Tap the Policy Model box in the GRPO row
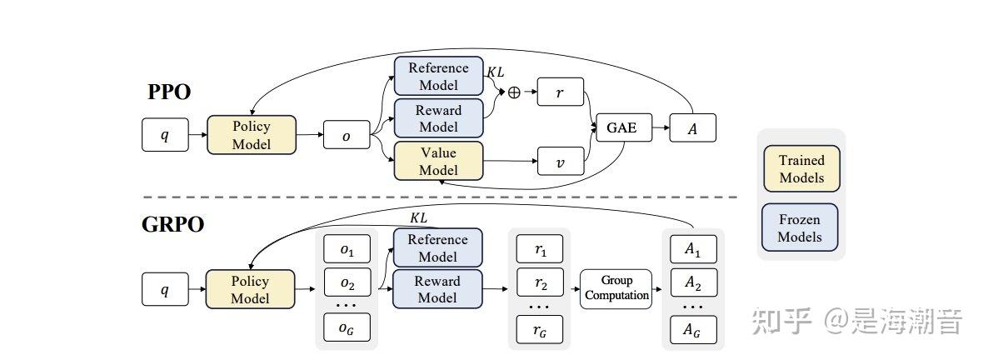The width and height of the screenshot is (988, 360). click(x=251, y=289)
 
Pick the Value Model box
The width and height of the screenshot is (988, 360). click(x=438, y=161)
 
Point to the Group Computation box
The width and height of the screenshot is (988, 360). click(x=616, y=288)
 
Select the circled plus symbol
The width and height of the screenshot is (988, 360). click(x=514, y=92)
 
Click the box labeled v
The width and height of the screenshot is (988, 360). click(x=561, y=162)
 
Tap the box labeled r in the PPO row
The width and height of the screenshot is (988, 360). click(x=561, y=92)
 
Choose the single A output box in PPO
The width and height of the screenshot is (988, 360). click(x=692, y=128)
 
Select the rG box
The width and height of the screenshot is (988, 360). click(x=540, y=330)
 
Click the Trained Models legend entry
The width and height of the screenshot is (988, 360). click(x=801, y=168)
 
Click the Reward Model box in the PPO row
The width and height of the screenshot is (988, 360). click(x=438, y=118)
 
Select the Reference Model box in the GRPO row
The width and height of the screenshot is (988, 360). click(x=437, y=247)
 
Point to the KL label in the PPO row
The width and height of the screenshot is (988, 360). click(x=495, y=72)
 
